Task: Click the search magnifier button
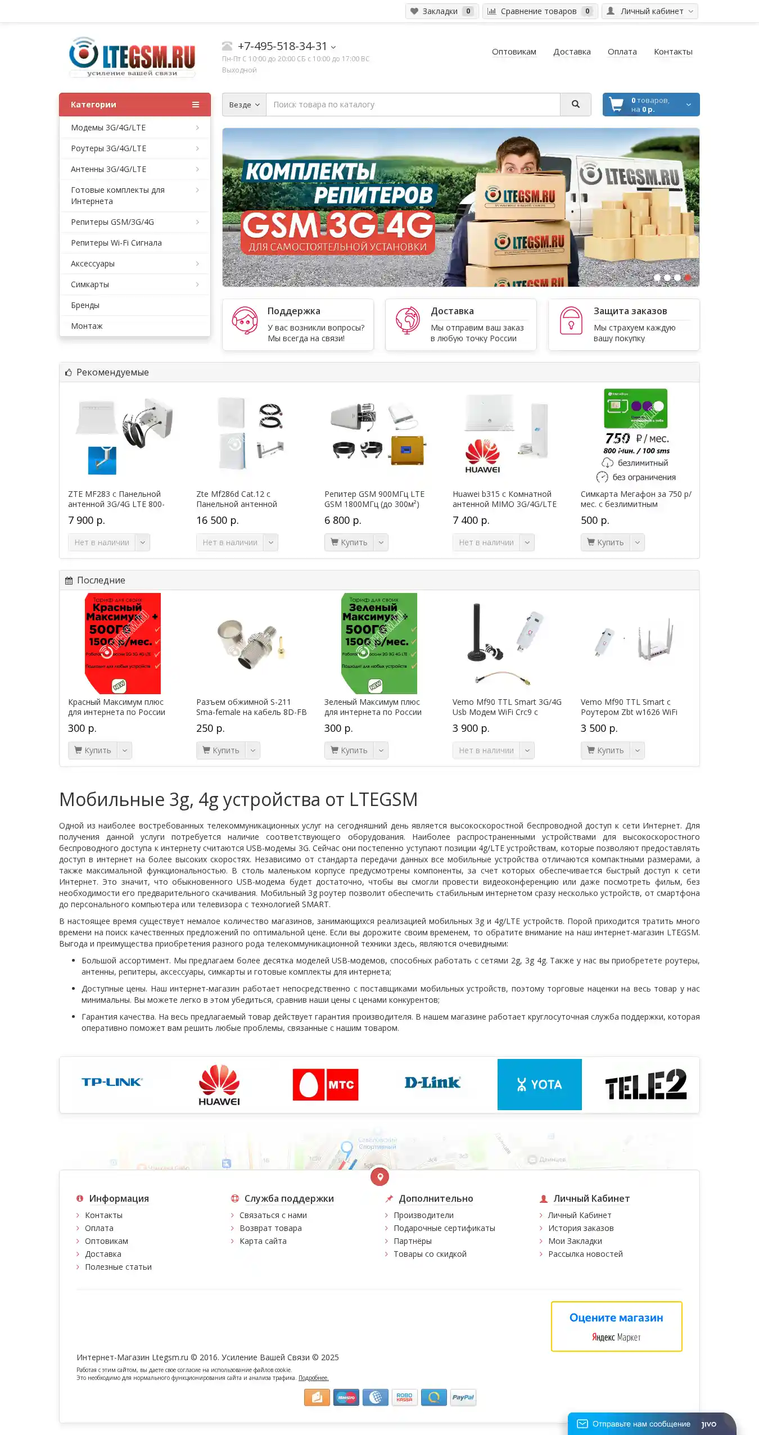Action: [575, 105]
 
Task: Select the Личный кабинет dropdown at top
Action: [650, 11]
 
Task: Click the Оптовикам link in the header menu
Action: [514, 52]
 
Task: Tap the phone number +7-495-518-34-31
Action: [282, 46]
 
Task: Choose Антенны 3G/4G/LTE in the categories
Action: [109, 169]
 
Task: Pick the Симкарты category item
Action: [90, 284]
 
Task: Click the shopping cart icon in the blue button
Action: [616, 105]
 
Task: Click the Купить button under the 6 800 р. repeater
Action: [349, 542]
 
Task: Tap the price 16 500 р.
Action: [218, 520]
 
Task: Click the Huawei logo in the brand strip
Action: [219, 1084]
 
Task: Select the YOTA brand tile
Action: [539, 1084]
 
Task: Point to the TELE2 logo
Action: [645, 1084]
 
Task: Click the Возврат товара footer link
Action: [270, 1228]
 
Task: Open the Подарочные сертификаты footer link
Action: [444, 1228]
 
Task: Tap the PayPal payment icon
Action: [463, 1397]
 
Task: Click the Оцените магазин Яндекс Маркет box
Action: [616, 1327]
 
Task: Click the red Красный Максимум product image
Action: [123, 643]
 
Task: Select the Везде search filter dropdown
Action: [244, 105]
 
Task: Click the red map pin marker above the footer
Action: [380, 1176]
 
